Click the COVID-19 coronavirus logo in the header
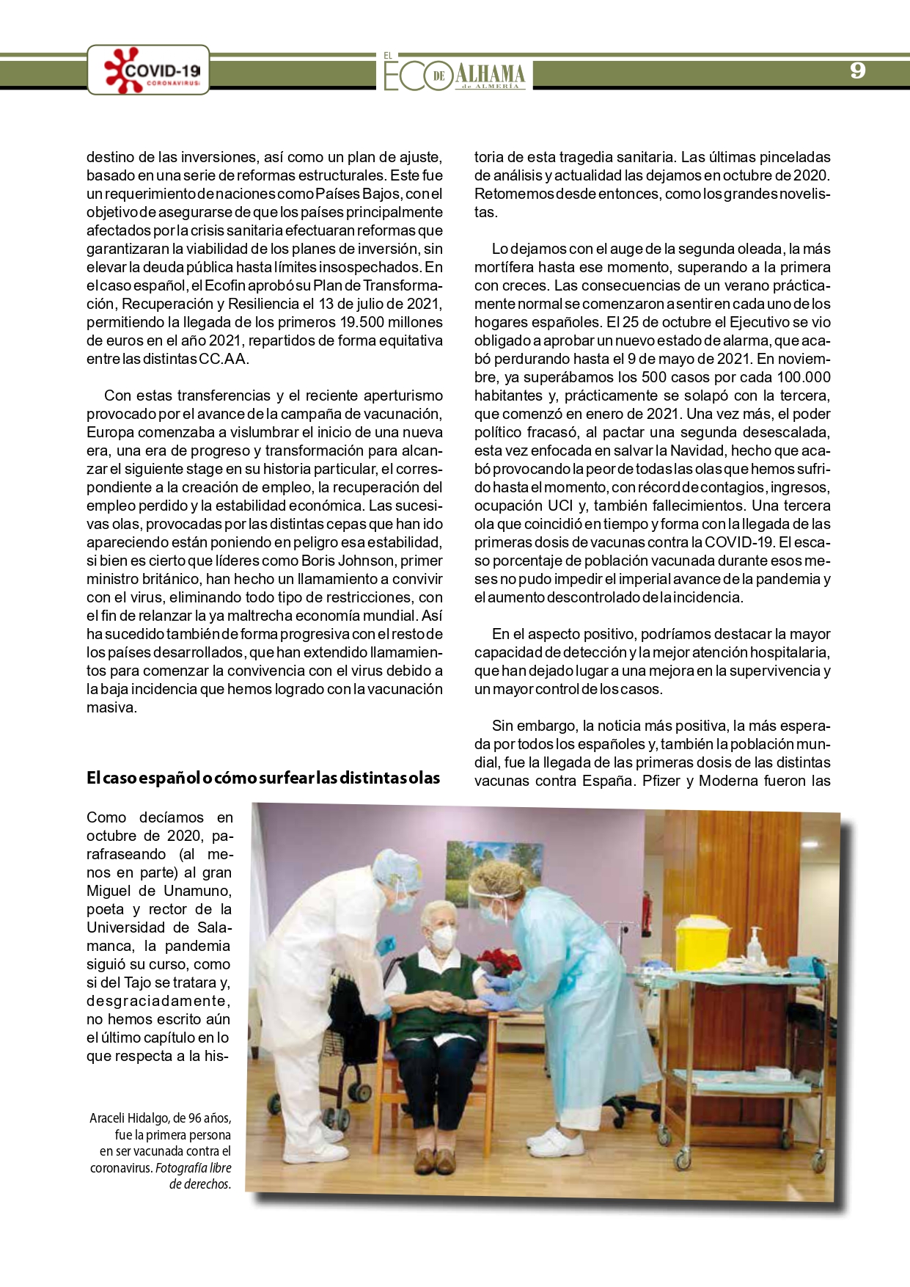pyautogui.click(x=149, y=70)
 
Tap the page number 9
pyautogui.click(x=857, y=70)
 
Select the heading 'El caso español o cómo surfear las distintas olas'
pyautogui.click(x=263, y=778)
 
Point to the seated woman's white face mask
pyautogui.click(x=442, y=937)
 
